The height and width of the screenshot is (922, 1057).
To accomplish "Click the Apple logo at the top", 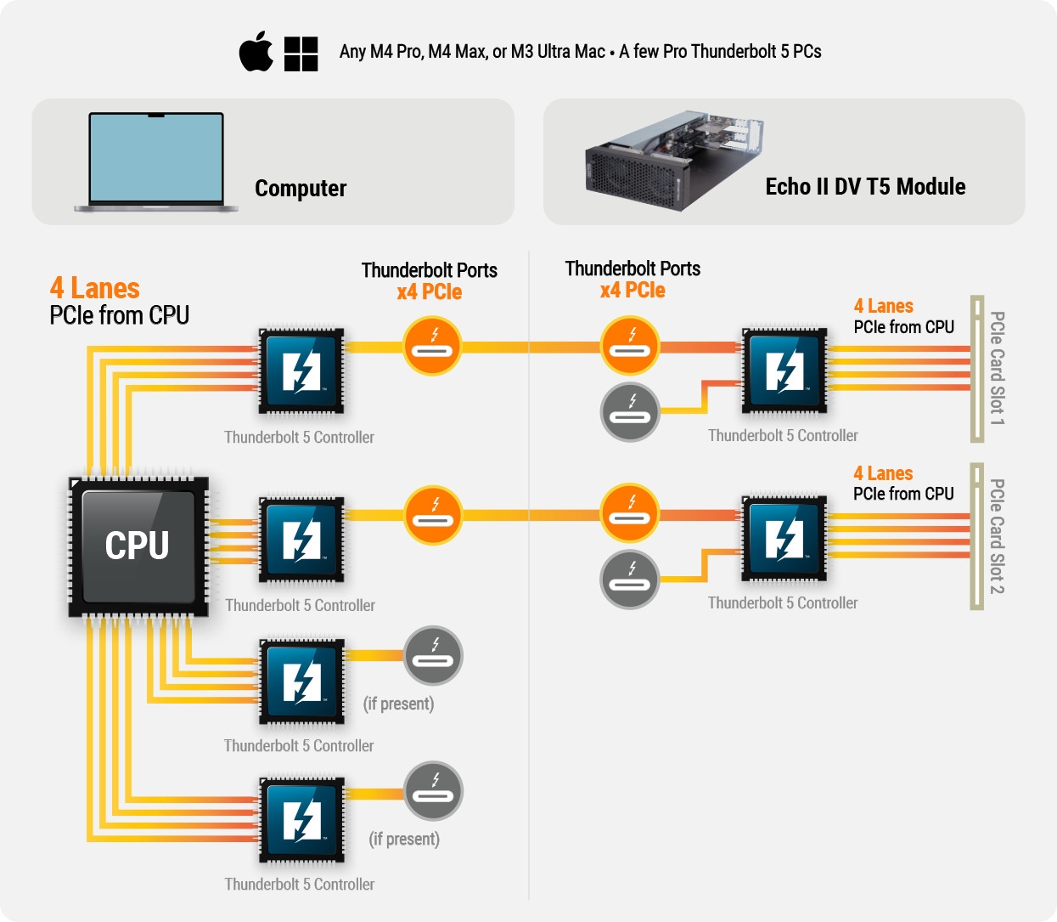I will pos(256,53).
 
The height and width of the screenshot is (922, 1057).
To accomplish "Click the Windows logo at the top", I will pos(301,54).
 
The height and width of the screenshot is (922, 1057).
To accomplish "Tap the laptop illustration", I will pos(155,161).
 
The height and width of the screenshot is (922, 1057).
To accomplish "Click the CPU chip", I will pos(138,546).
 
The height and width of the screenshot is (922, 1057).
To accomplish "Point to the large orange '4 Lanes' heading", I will pos(94,288).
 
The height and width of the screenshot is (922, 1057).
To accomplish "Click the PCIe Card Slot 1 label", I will pos(997,368).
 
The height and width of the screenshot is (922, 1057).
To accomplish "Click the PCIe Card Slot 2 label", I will pos(997,536).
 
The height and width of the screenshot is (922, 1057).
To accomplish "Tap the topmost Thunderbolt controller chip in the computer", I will pos(301,371).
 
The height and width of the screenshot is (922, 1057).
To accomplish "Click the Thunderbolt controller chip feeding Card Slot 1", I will pos(784,370).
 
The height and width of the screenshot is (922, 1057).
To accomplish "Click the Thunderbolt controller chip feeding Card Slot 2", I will pos(784,539).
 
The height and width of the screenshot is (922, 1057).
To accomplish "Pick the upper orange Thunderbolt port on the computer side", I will pos(432,346).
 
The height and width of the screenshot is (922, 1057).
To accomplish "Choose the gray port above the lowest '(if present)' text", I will pos(433,791).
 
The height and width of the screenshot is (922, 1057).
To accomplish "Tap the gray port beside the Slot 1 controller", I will pos(630,412).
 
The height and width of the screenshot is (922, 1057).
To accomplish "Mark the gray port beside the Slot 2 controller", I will pos(630,580).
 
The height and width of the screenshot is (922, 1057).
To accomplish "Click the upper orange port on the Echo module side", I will pos(630,346).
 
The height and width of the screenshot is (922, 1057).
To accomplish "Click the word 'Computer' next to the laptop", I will pos(301,188).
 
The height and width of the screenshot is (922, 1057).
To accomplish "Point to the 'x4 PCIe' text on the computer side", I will pos(430,292).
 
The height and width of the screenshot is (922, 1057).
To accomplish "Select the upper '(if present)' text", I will pos(398,704).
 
